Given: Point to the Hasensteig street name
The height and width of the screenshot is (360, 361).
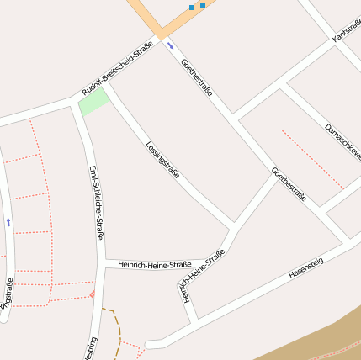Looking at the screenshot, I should coord(305,267).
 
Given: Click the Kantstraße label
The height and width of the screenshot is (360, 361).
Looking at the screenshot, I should coord(347,25).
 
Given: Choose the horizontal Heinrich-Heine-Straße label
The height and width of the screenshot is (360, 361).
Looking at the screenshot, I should coord(155,264).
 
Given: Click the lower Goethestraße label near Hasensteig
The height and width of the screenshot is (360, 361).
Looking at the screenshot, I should coord(289,186).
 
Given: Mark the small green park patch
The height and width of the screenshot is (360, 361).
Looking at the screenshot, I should coord(93,103).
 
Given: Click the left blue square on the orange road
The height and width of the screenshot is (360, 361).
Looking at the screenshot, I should coord(192,8).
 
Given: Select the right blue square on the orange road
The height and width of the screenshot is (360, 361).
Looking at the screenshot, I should coord(203,5).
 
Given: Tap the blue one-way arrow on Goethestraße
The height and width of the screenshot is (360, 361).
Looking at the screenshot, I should coord(171,45).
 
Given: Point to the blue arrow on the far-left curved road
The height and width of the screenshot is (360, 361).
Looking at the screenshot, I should coord(8,222).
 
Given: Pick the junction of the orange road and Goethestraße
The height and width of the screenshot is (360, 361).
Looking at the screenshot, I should coord(160,35).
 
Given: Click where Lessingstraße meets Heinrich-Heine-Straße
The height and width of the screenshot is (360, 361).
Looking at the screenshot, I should coord(232,225).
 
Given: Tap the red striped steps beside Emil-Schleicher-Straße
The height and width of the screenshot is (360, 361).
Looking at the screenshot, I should coord(92,294).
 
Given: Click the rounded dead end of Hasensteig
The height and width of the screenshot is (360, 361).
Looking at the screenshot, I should coord(150,344).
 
